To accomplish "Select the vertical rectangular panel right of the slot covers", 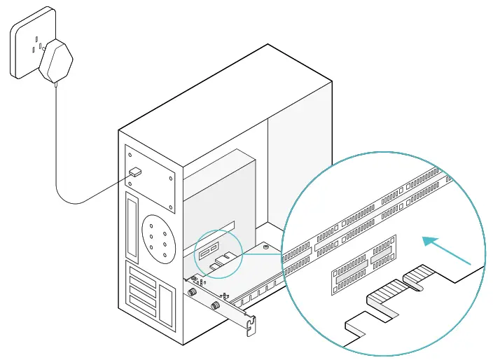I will [166, 305].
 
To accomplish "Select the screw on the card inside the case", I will [267, 247].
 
